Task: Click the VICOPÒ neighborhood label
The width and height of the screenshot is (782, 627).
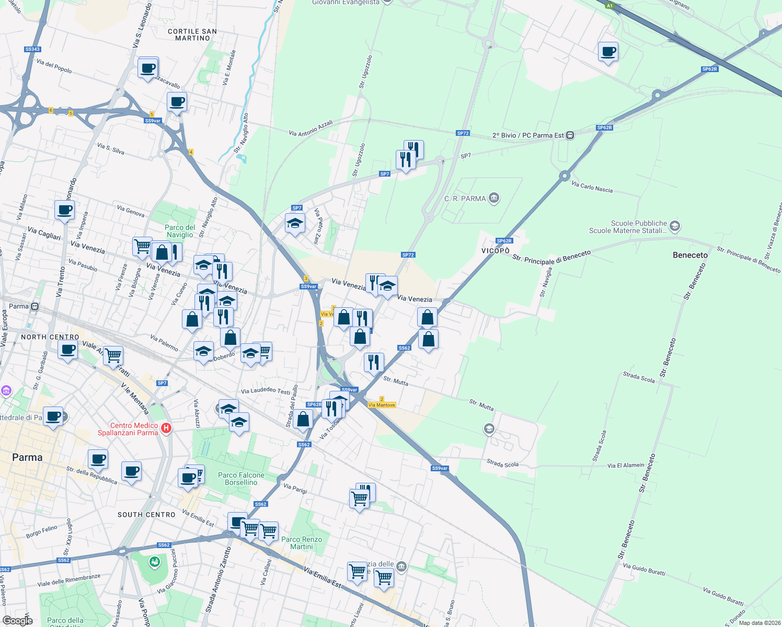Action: (x=495, y=251)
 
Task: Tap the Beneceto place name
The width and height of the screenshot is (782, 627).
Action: (x=690, y=255)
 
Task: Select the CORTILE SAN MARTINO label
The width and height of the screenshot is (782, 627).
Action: (x=192, y=34)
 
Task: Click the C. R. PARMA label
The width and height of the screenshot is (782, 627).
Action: (x=465, y=199)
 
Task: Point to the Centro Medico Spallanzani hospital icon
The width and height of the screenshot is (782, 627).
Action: (x=166, y=428)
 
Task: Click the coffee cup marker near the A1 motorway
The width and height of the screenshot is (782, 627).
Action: (x=608, y=52)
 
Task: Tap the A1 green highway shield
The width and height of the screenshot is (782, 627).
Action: (x=609, y=6)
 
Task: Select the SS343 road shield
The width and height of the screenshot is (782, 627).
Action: (x=32, y=49)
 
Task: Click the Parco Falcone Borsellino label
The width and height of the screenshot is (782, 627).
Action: (x=241, y=479)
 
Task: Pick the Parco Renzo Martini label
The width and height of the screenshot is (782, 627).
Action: (x=302, y=543)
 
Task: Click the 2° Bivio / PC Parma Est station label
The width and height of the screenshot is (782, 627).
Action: (x=528, y=135)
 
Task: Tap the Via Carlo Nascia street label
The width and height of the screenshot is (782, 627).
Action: (x=592, y=187)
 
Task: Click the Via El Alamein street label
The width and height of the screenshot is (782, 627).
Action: (x=626, y=465)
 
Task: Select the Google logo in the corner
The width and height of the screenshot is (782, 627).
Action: (x=17, y=620)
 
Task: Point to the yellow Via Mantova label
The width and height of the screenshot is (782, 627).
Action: (x=382, y=405)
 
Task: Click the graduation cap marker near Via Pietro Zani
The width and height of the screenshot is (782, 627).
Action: (x=295, y=224)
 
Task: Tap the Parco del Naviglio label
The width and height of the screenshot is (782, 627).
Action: (x=180, y=231)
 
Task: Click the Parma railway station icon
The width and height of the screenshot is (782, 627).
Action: (x=34, y=306)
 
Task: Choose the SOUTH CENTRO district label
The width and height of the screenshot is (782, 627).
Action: (x=146, y=515)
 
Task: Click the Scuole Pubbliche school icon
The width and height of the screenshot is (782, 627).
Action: (x=674, y=226)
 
